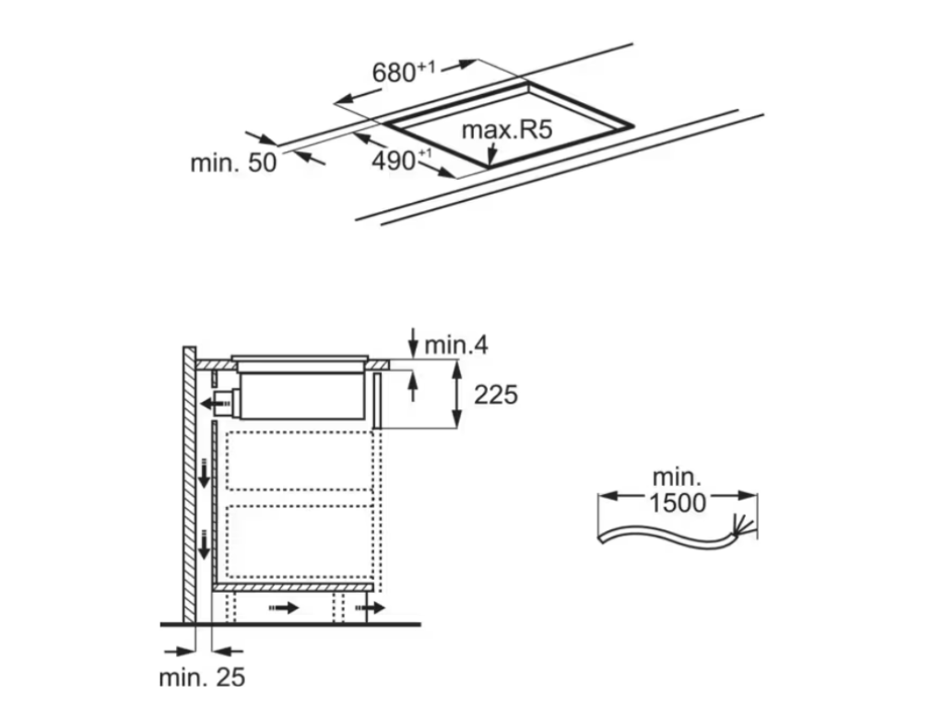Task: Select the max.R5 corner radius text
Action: [x=506, y=130]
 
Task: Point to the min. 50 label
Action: [x=233, y=163]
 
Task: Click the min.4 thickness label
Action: [x=455, y=346]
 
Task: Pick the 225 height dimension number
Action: [x=496, y=395]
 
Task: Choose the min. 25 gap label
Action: [x=202, y=678]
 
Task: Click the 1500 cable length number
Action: [x=678, y=502]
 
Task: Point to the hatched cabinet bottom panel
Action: [x=293, y=586]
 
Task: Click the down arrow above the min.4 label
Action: [x=412, y=337]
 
